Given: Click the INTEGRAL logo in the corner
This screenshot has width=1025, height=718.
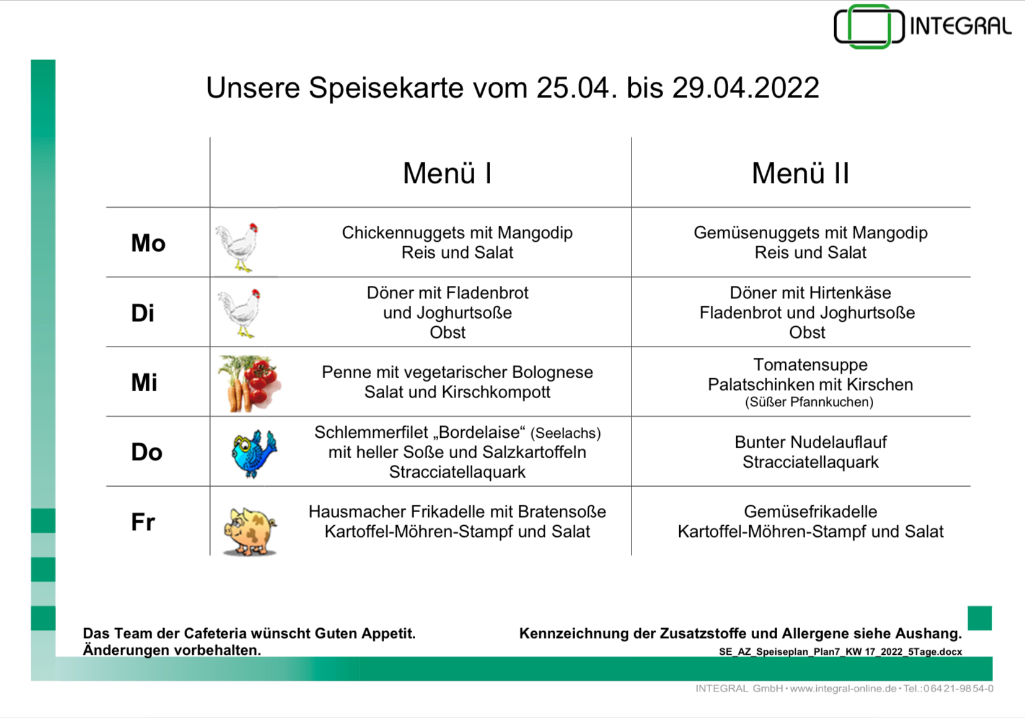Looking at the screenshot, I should [922, 27].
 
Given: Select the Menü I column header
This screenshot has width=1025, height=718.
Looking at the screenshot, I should [447, 173].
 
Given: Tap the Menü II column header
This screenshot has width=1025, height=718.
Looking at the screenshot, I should [800, 173].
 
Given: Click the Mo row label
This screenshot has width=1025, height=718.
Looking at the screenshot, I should [148, 243].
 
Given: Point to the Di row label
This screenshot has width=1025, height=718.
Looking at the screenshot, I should [143, 313].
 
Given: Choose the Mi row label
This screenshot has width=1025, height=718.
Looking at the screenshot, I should [144, 383].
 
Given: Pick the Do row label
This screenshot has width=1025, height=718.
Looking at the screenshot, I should [147, 452].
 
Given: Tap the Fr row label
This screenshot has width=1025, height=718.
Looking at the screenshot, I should [143, 522].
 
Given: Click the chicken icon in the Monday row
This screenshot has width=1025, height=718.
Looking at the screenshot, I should [237, 247].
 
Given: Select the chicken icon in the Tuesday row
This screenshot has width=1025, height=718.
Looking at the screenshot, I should [240, 313].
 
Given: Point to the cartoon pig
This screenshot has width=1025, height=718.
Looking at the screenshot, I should [250, 530].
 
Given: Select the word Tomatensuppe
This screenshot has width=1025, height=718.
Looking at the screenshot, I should [810, 365].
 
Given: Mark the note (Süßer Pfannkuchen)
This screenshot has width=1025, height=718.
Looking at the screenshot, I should [809, 402].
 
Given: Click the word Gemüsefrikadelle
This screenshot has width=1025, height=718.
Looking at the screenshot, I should [810, 512].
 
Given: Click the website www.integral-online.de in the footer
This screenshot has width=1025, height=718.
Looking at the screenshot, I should [843, 689].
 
